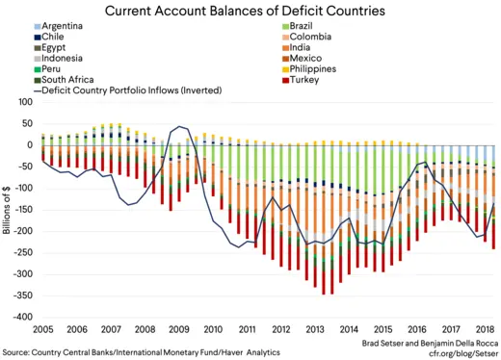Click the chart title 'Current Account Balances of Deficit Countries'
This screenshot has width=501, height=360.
point(250,12)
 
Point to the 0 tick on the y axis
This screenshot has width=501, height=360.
point(26,145)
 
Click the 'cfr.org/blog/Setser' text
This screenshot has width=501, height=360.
point(460,352)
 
